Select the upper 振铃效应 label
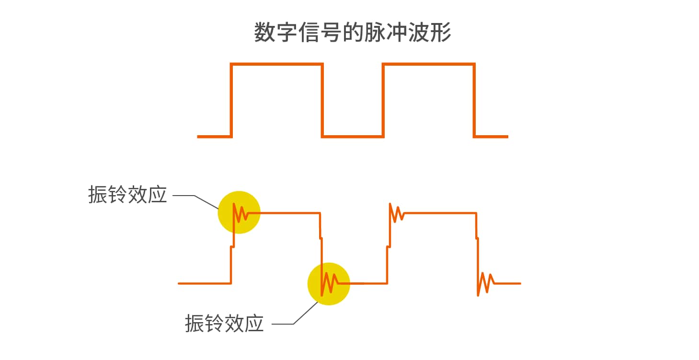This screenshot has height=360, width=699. point(127,195)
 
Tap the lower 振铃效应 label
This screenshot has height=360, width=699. point(224,324)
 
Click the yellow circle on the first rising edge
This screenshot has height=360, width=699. point(239,212)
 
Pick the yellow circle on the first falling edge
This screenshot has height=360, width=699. point(329,284)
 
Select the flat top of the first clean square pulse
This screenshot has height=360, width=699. point(277,64)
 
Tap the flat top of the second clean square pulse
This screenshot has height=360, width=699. point(428,64)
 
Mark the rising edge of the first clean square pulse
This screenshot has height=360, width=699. point(232,101)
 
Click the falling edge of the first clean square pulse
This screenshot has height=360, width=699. point(322,101)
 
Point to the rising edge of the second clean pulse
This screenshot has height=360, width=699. point(383,101)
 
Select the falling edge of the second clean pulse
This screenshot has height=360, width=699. point(474,101)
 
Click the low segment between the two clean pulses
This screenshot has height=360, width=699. point(353,137)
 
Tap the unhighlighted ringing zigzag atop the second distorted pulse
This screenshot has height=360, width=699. point(396,213)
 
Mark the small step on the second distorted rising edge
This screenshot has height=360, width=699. point(388,246)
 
